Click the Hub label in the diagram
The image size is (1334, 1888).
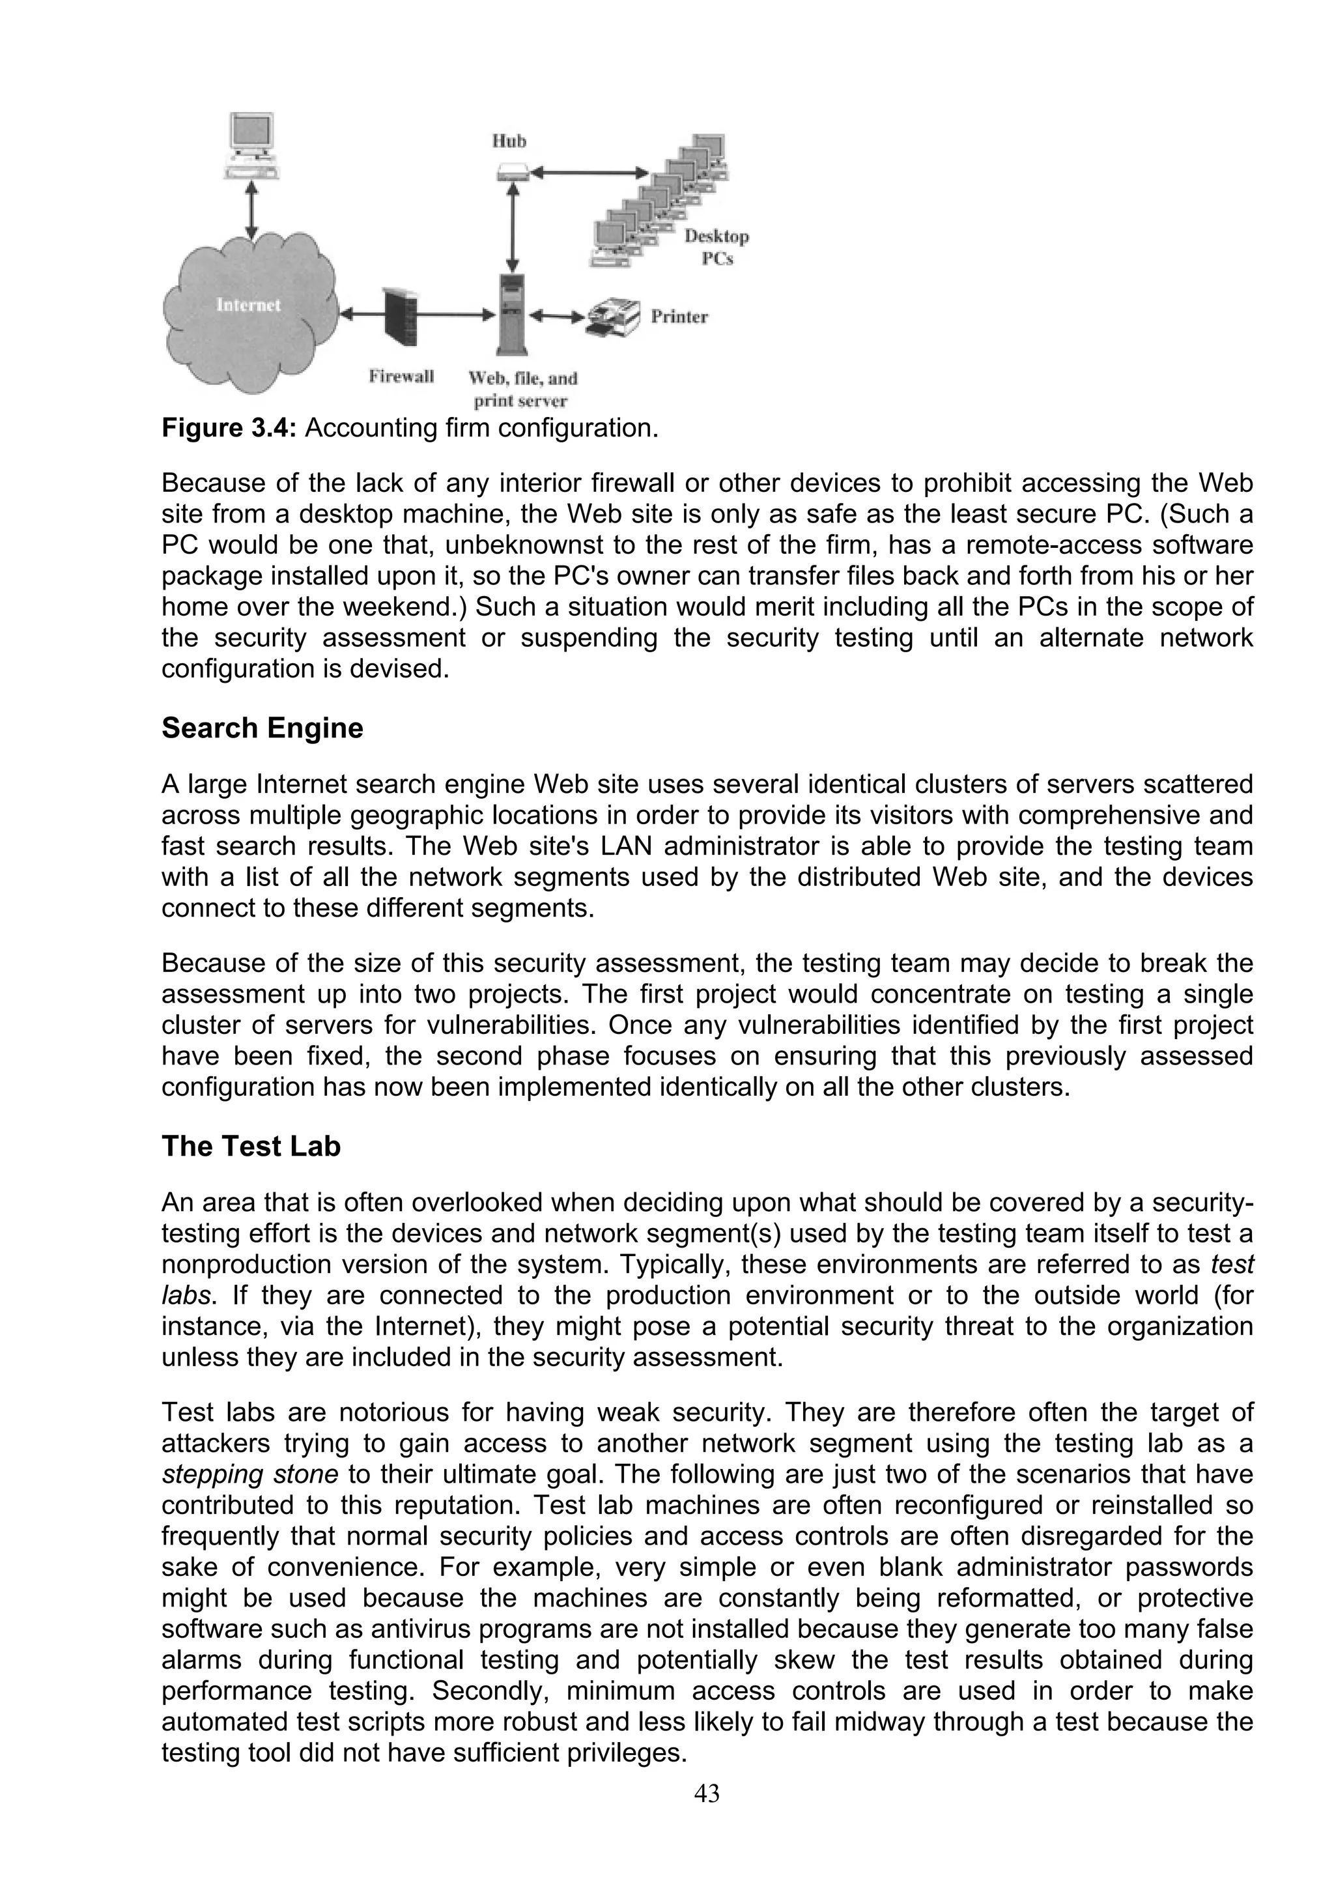tap(509, 141)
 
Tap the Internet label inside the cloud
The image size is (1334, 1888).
tap(248, 305)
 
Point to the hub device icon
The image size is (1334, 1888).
tap(512, 173)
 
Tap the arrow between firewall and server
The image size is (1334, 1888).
tap(454, 313)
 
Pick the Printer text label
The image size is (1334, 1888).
tap(679, 317)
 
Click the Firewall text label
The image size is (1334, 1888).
tap(401, 377)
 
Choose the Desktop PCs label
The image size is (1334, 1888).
tap(717, 248)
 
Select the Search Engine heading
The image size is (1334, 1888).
tap(263, 728)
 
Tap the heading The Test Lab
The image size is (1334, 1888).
tap(251, 1147)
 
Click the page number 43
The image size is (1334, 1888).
tap(707, 1794)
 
